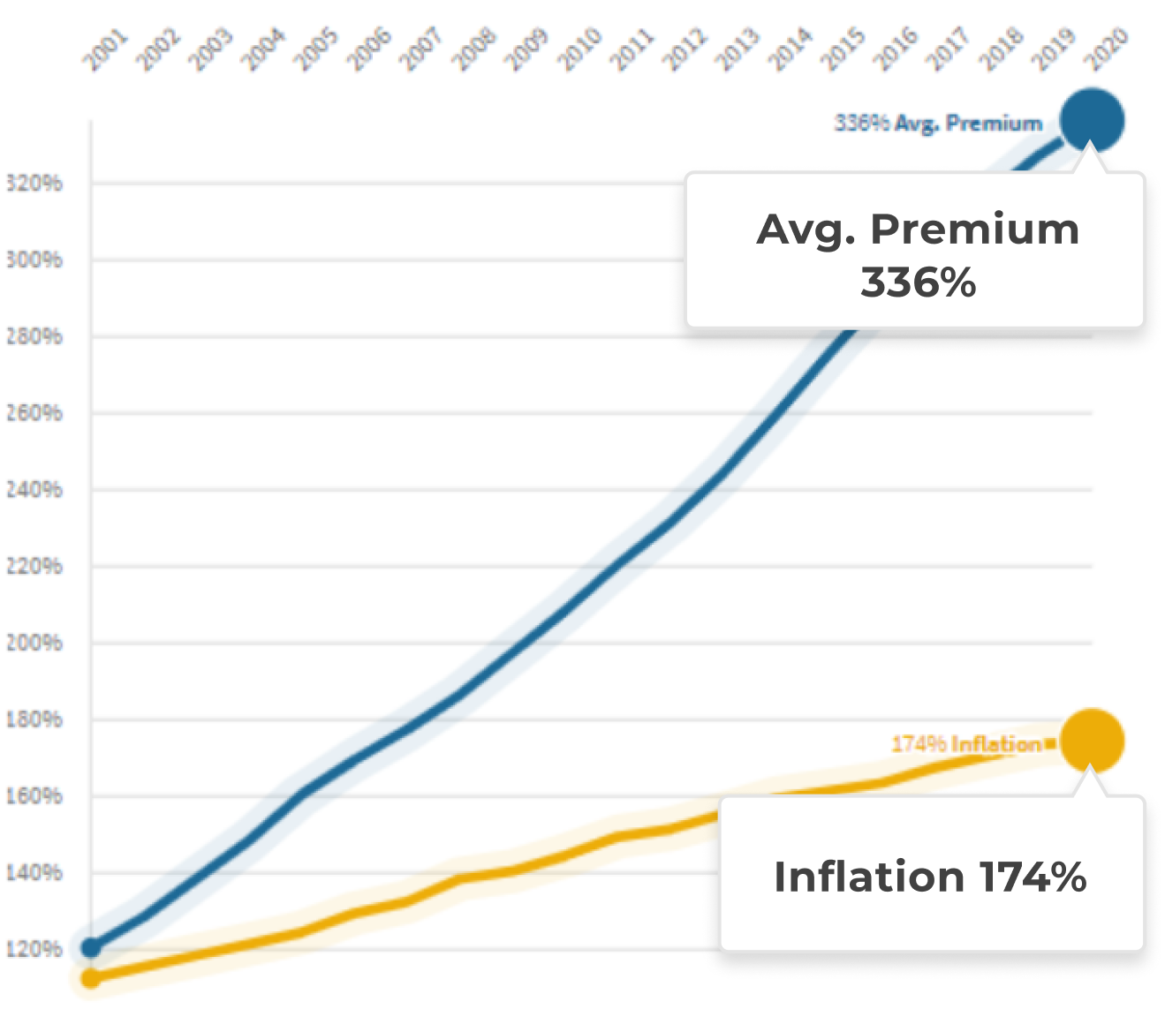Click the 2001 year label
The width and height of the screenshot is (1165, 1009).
105,49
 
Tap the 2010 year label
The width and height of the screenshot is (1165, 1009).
579,49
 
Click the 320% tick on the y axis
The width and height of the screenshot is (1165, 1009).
34,184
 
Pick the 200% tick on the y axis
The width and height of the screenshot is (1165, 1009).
34,643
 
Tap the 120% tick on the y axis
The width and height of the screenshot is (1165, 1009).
34,949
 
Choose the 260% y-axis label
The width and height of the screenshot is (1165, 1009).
34,413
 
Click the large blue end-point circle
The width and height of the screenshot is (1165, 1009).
1092,120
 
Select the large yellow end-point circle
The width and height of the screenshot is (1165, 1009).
1092,742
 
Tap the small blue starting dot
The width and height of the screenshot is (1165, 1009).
91,948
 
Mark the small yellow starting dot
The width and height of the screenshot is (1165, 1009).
91,978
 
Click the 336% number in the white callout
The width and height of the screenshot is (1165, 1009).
918,283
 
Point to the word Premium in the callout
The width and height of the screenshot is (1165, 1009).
974,230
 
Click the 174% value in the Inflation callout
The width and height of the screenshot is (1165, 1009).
1033,877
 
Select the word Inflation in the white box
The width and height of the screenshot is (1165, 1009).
868,877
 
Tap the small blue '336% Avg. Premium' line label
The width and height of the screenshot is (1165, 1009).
938,123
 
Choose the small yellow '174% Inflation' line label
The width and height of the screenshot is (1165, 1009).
967,744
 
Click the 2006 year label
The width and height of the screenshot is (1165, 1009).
368,49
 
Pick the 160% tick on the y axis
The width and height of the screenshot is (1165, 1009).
34,796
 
